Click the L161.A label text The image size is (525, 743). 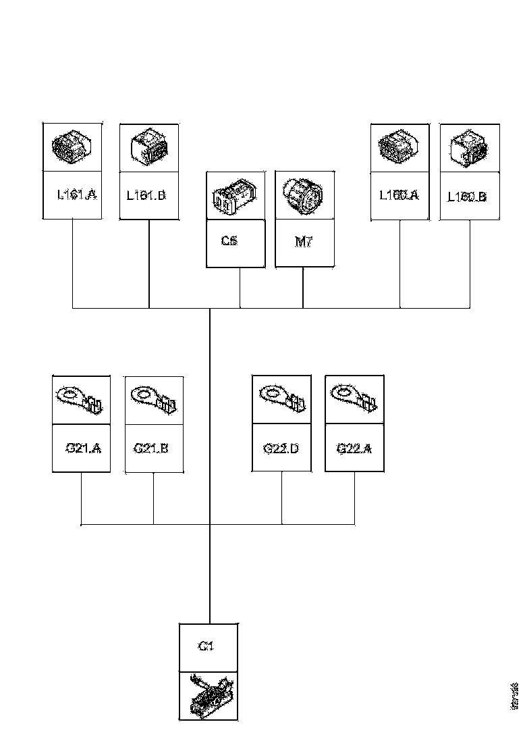[x=77, y=195]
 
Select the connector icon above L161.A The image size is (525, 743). [x=72, y=147]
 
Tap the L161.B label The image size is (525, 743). [x=146, y=196]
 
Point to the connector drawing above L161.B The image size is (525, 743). [x=148, y=147]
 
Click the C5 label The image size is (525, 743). [x=229, y=242]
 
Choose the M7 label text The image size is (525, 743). [x=304, y=242]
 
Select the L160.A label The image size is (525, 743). [x=399, y=195]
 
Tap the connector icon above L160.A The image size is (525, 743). [x=399, y=147]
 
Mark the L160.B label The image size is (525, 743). [x=468, y=197]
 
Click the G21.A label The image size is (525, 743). [x=83, y=447]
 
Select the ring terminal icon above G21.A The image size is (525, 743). [x=81, y=399]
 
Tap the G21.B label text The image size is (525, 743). [x=151, y=447]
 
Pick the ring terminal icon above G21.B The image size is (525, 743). [x=154, y=399]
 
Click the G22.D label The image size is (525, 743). [x=281, y=447]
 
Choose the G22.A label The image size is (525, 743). [x=354, y=447]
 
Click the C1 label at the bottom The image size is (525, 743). [x=206, y=646]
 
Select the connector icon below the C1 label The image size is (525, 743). [x=209, y=694]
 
